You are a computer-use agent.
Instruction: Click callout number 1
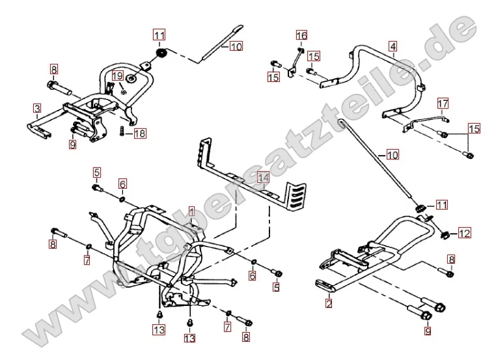click(191, 211)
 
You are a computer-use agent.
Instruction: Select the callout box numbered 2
click(329, 303)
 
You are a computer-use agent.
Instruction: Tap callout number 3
click(38, 108)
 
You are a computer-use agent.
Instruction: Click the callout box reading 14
click(262, 177)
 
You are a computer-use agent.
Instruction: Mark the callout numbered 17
click(443, 104)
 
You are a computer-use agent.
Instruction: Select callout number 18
click(140, 133)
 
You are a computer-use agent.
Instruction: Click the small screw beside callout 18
click(122, 132)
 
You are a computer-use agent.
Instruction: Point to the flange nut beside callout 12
click(445, 232)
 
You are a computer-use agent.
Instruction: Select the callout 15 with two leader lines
click(474, 129)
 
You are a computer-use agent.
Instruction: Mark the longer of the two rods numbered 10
click(374, 156)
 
